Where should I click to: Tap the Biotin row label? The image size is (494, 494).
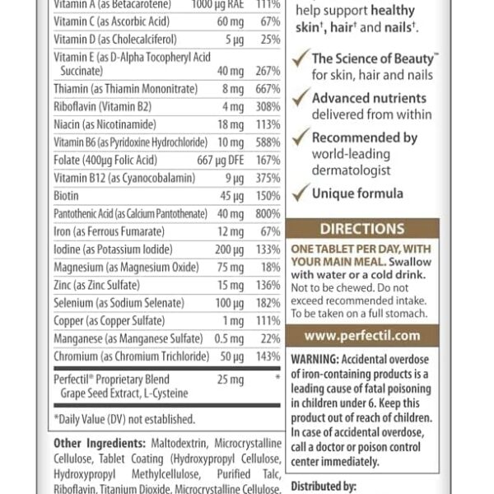point(68,195)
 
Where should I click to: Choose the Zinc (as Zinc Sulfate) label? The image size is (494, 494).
point(97,285)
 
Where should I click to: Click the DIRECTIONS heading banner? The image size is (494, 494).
point(361,229)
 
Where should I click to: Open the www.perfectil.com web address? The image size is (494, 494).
point(361,335)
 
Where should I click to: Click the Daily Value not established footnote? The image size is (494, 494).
point(123,419)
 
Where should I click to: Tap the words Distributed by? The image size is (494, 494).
point(322,487)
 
